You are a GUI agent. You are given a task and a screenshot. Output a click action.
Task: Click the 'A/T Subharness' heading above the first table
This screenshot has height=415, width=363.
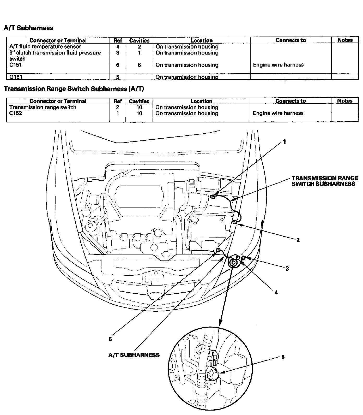[28, 28]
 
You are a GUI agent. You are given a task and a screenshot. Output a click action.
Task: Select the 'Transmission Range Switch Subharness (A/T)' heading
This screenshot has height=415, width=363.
[74, 89]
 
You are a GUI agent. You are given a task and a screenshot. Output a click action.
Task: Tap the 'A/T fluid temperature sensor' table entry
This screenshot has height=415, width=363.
[45, 47]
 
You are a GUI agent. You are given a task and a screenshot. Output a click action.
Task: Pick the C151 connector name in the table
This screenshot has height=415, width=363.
[15, 65]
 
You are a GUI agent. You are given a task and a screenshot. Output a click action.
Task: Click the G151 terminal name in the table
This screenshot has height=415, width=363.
[16, 77]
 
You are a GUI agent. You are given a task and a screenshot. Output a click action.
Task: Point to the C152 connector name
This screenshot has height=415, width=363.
[16, 113]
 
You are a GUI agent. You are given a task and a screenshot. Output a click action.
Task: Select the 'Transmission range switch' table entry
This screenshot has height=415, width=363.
[43, 107]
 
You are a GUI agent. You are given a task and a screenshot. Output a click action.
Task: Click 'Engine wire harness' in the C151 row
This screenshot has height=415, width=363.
[278, 65]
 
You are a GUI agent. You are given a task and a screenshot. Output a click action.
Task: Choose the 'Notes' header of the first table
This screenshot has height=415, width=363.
[345, 40]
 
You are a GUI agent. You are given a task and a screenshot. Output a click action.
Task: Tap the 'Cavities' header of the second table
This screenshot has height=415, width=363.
[139, 101]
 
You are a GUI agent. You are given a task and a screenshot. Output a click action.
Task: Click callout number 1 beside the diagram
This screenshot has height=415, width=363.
[285, 142]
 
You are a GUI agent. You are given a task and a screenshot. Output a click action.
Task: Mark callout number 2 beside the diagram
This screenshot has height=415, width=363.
[298, 240]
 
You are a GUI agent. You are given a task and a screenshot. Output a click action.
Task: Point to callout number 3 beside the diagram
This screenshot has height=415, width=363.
[287, 268]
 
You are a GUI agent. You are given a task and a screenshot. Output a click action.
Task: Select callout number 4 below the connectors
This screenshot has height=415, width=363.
[276, 292]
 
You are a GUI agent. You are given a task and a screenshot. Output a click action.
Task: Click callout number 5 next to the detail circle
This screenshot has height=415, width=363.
[283, 357]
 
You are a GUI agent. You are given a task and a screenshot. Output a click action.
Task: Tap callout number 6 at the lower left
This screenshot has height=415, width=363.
[110, 339]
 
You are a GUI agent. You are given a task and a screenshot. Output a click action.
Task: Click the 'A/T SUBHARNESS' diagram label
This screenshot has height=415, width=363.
[134, 355]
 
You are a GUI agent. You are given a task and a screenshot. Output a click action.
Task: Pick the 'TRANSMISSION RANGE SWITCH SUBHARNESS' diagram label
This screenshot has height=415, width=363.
[325, 181]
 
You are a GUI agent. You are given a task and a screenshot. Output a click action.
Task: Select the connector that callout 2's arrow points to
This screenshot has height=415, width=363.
[234, 222]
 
